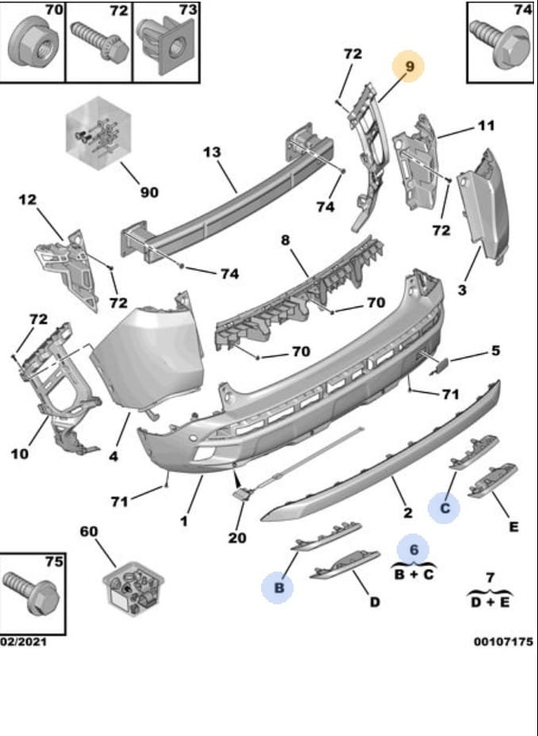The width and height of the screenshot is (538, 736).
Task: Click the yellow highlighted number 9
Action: click(x=410, y=67)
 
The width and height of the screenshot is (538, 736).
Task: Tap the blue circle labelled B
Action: click(x=279, y=588)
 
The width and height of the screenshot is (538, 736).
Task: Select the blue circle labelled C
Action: click(x=445, y=507)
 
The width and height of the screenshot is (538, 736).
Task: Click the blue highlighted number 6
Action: click(x=413, y=548)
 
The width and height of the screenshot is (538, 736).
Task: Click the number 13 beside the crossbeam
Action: click(x=210, y=152)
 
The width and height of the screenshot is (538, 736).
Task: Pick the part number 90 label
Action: click(x=149, y=192)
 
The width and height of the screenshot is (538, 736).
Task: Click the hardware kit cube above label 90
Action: click(x=97, y=133)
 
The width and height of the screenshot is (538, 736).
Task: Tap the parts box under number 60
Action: click(x=131, y=589)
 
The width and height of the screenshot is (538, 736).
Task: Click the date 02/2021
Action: click(x=23, y=642)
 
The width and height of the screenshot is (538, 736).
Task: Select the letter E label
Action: click(x=513, y=526)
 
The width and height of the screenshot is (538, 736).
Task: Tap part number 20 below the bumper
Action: click(x=237, y=538)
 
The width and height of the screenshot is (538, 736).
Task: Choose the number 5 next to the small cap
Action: click(x=494, y=350)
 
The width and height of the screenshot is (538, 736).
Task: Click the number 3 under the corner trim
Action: click(x=461, y=291)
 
